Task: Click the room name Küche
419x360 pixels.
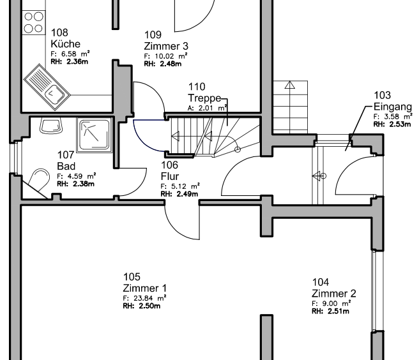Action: pos(65,44)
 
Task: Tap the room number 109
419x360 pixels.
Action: pos(153,34)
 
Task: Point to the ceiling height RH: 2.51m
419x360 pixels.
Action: pos(330,311)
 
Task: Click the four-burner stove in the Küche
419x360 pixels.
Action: pos(34,21)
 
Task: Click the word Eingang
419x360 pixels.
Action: pos(392,107)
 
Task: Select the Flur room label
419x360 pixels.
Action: pos(169,176)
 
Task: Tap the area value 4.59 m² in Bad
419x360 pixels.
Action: pos(77,176)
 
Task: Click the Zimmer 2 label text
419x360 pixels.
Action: pos(333,294)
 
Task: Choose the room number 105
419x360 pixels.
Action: pos(132,276)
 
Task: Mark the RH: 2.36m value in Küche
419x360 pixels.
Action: pos(70,61)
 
